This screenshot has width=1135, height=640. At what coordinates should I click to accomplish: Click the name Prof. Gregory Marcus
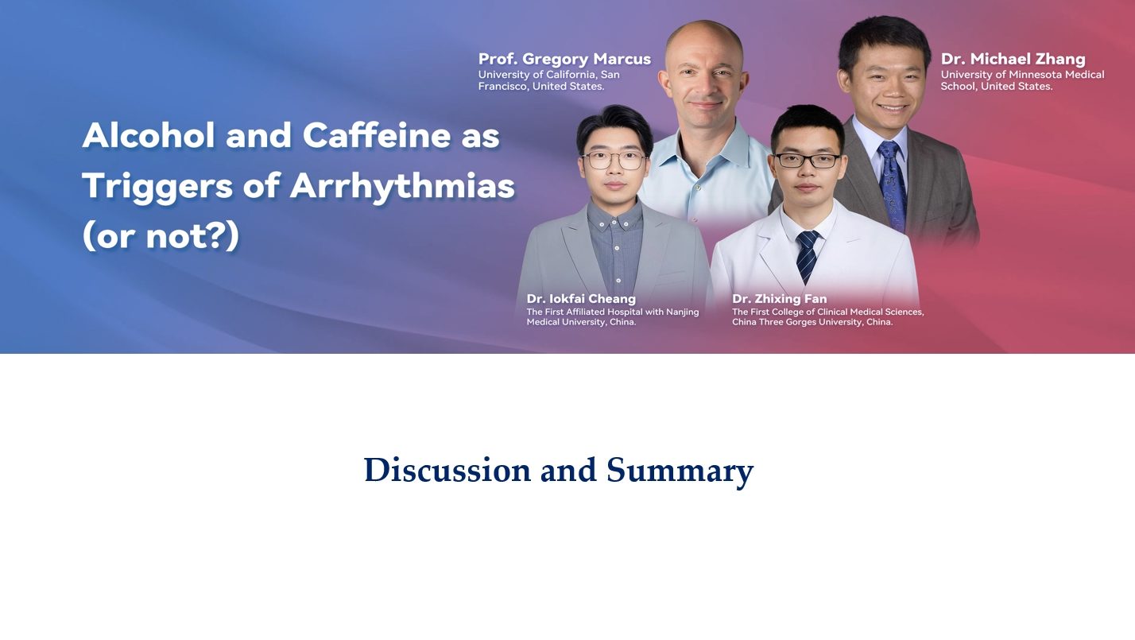point(564,59)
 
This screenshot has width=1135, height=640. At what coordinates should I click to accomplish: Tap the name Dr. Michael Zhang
point(1013,59)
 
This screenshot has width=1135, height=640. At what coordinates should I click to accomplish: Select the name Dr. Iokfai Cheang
point(581,298)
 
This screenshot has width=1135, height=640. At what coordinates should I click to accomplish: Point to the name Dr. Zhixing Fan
point(779,298)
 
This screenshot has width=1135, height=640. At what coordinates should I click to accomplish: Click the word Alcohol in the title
point(148,135)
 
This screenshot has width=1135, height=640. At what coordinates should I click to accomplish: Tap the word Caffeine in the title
point(377,135)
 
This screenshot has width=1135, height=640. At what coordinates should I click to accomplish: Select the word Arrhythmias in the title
point(402,186)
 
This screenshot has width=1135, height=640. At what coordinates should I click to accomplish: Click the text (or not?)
point(161,236)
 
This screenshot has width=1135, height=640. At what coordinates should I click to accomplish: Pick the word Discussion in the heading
point(447,470)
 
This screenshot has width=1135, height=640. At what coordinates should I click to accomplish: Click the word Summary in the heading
point(680,471)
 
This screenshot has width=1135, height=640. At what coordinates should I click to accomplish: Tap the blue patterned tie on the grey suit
point(893,185)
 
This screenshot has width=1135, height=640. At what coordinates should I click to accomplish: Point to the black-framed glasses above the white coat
point(808,161)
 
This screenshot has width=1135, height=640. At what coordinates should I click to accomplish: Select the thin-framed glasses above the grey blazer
point(614,160)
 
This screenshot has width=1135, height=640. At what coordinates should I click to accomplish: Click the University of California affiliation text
point(548,80)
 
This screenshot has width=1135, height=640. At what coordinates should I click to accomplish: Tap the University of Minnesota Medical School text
point(1022,80)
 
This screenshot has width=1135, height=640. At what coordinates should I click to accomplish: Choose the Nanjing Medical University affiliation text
point(613,316)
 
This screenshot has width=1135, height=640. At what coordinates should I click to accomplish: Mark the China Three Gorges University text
point(828,316)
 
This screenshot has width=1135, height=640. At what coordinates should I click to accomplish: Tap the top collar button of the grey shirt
point(616,222)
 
